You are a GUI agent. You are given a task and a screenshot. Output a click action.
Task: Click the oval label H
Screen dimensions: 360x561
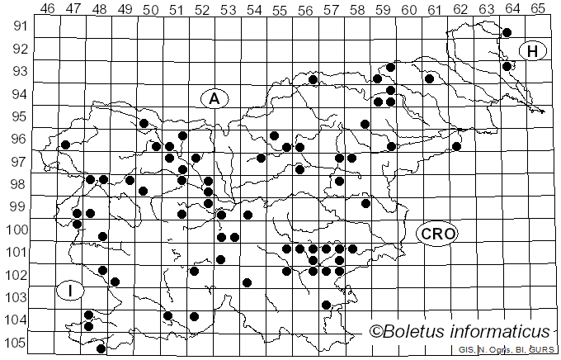point(533,51)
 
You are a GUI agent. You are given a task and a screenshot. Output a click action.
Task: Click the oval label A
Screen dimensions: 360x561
point(214,98)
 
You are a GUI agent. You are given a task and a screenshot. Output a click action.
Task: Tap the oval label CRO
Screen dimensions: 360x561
point(436,234)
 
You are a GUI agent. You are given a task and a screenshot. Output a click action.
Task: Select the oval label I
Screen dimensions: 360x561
point(71,290)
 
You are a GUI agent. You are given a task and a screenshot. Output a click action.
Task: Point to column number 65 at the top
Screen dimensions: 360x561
point(537,9)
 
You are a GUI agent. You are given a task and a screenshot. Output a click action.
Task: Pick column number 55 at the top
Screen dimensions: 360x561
point(280,9)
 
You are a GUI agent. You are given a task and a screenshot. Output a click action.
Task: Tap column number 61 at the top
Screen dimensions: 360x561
point(434,9)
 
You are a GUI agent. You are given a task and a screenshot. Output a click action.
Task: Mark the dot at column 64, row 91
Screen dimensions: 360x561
point(507,32)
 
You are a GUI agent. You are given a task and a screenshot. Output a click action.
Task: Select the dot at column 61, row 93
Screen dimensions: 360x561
point(429,78)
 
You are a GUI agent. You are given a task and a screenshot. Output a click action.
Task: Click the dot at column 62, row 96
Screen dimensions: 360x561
point(456,146)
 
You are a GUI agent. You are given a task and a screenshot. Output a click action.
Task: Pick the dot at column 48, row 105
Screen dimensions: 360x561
point(101,348)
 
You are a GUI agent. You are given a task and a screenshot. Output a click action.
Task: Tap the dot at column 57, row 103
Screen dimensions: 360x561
point(326,305)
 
